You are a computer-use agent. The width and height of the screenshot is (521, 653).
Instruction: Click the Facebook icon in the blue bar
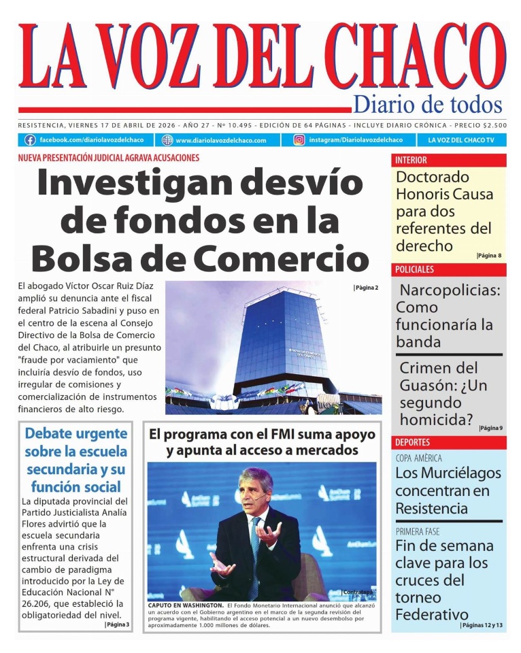point(30,140)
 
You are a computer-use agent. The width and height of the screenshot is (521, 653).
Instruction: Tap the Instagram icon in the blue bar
point(299,140)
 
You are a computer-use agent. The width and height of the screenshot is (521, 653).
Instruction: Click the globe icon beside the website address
point(167,140)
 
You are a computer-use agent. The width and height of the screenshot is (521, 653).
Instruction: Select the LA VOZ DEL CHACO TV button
point(461,140)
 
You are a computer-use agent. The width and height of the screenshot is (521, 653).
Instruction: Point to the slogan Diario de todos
point(428,104)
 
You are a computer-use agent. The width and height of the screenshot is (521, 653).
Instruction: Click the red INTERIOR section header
point(411,161)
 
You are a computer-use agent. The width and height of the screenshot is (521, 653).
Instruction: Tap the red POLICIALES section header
point(414,269)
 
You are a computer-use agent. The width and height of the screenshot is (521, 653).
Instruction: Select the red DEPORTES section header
point(412,443)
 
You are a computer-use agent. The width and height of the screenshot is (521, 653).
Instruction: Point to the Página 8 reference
point(489,256)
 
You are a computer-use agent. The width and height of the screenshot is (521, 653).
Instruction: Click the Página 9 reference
point(490,428)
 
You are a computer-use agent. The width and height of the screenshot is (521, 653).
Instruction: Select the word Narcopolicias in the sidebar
point(450,290)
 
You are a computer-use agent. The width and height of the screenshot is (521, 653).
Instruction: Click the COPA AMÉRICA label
point(418,458)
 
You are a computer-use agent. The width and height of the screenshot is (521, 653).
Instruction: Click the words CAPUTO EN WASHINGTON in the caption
point(186,605)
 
